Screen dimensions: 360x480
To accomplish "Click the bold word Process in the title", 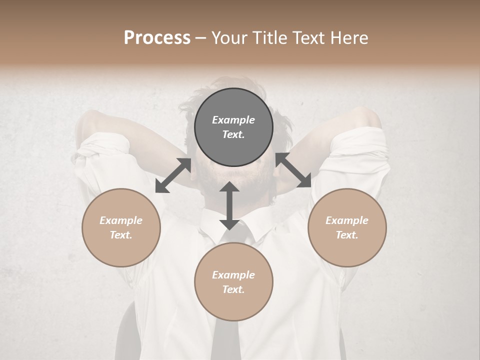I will tap(157, 38).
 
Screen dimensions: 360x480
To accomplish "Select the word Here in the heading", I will tap(348, 38).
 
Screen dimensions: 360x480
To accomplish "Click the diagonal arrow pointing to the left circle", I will tap(173, 175).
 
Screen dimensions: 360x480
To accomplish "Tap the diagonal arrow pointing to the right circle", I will tap(293, 170).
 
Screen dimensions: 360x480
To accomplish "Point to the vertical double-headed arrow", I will tap(229, 205).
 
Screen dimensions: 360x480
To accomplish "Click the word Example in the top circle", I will tap(233, 120).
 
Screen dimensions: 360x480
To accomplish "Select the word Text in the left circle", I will tap(121, 235).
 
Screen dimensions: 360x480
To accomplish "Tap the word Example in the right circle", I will tap(347, 220).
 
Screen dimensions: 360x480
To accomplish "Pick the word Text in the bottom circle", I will tap(233, 289).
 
